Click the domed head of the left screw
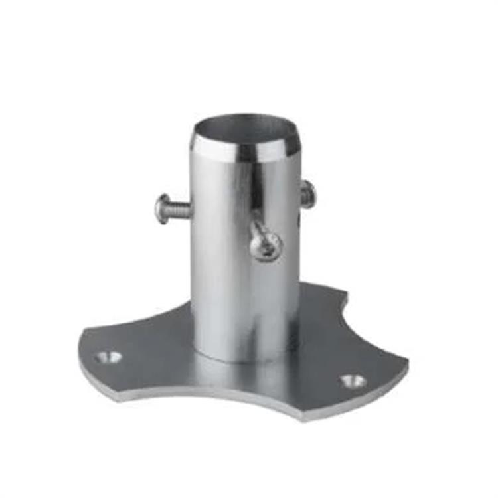pos(162,208)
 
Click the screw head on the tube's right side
pos(307,194)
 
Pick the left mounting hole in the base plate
pos(108,357)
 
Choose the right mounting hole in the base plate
pos(352,381)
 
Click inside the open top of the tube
pos(246,127)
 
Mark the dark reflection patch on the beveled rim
pos(247,153)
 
